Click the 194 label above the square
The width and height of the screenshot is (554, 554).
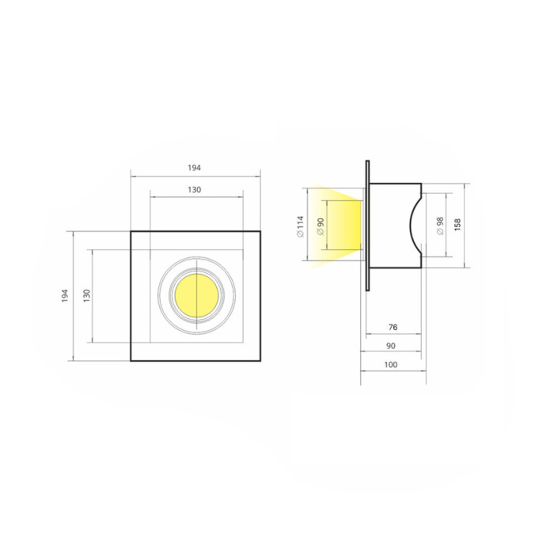point(194,168)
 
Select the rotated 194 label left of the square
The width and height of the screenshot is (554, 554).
point(65,296)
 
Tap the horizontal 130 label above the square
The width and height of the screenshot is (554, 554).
point(195,190)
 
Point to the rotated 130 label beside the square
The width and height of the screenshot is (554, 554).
point(86,296)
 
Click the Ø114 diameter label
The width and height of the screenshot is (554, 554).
point(300,226)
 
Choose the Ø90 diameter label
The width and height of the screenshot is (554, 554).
point(321,226)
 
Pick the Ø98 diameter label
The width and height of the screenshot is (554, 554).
point(440,226)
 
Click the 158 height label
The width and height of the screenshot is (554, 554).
point(457,225)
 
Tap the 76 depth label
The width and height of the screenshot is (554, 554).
point(393,328)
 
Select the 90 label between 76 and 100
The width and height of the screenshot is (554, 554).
point(391,346)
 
